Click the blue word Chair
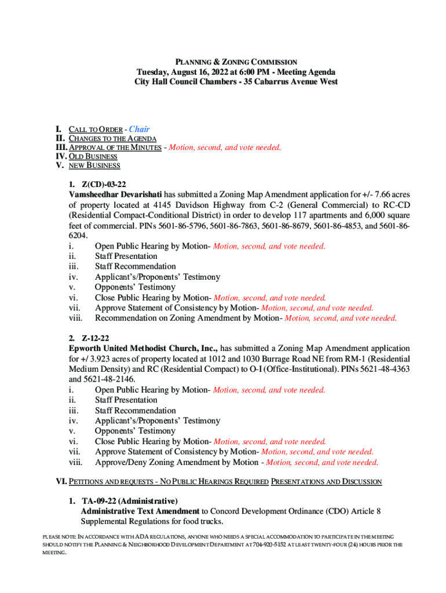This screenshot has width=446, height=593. (x=139, y=129)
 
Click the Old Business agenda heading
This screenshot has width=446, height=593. (x=93, y=156)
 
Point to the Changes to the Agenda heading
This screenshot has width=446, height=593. (x=112, y=138)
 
